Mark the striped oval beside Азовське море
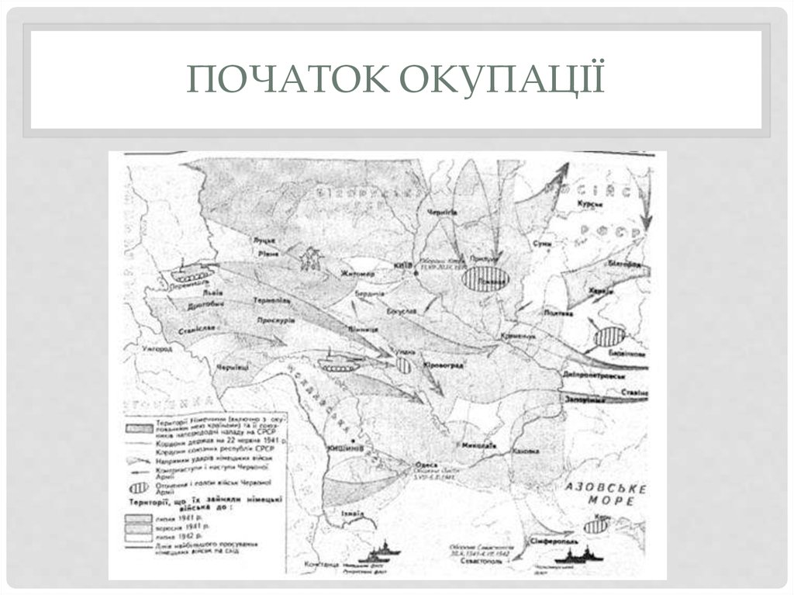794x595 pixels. [x=595, y=525]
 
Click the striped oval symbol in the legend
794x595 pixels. [x=140, y=488]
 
